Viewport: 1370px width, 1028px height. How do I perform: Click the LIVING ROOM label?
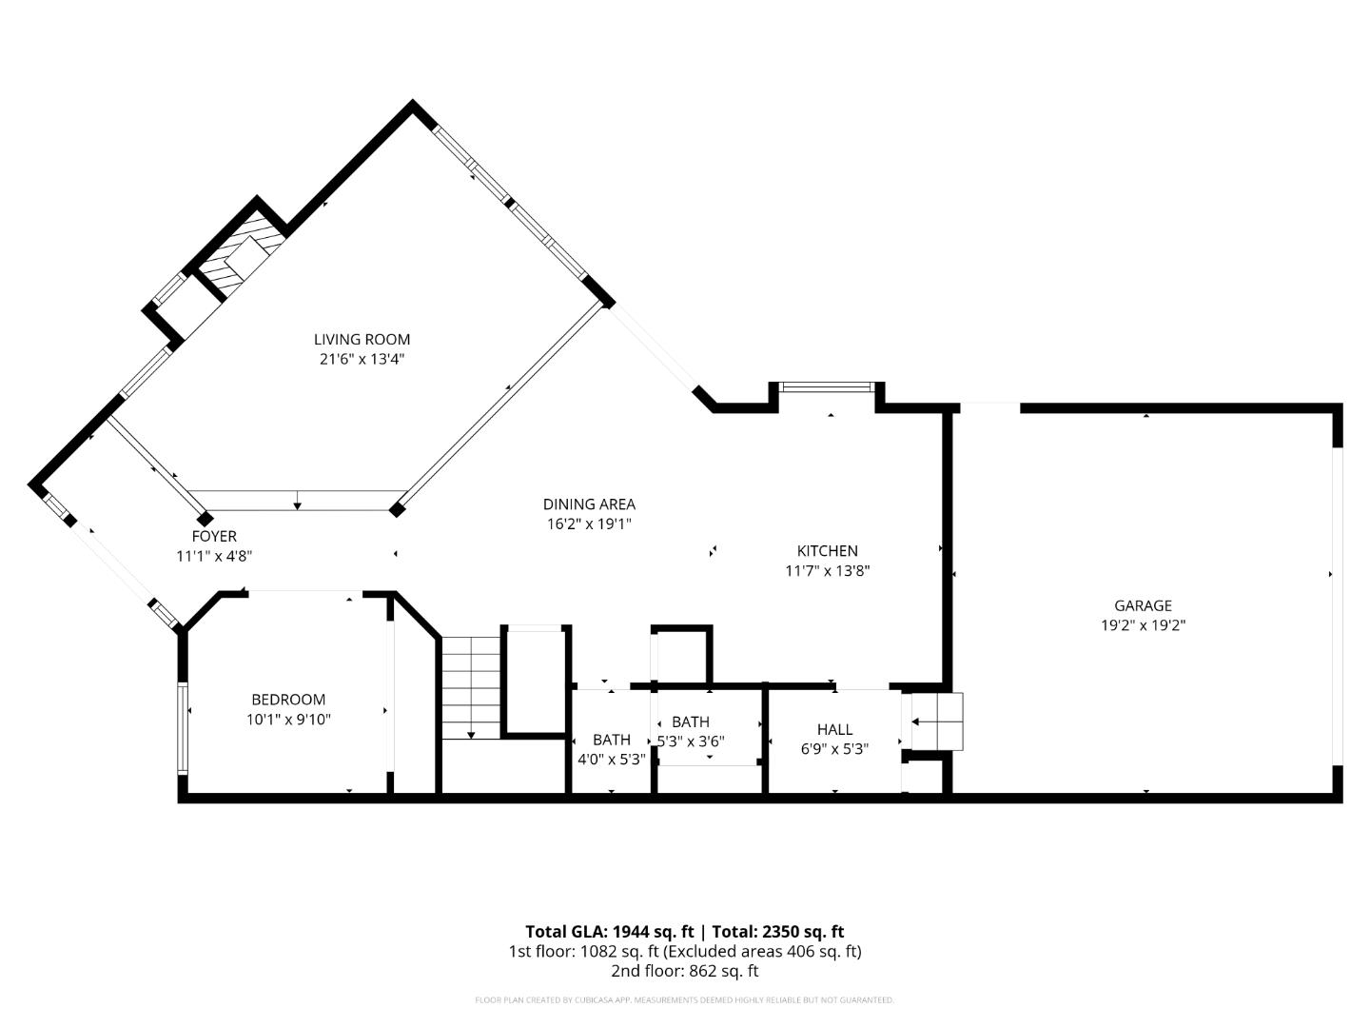362,339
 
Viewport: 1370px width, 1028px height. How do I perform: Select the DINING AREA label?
589,504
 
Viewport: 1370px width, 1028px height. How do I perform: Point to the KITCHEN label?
827,551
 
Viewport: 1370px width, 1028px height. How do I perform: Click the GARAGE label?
1143,605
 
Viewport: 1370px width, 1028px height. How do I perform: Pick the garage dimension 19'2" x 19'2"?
1143,625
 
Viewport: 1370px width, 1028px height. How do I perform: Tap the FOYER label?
214,536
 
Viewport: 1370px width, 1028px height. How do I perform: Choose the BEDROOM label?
288,700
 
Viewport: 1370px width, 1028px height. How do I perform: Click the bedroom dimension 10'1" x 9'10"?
288,720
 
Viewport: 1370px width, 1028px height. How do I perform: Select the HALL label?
834,729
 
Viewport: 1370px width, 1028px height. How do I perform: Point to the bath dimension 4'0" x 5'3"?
612,760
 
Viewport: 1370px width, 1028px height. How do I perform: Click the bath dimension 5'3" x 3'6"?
692,741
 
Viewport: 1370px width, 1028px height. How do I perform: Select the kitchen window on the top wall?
826,386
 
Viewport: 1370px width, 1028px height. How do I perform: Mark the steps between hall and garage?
937,722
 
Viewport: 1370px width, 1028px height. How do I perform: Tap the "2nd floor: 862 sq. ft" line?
684,971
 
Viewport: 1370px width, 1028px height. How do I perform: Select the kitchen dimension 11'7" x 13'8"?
827,571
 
